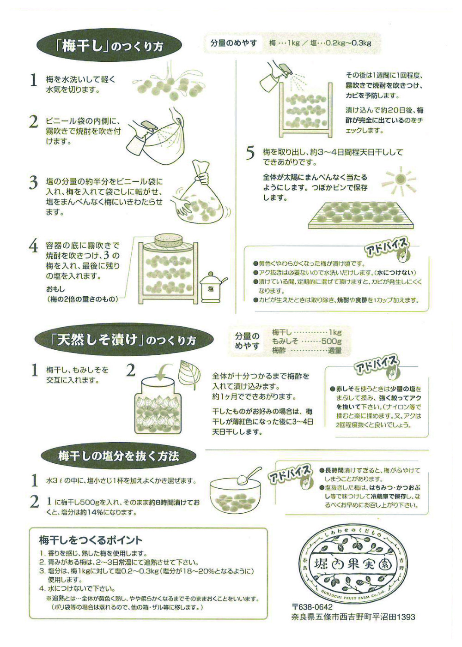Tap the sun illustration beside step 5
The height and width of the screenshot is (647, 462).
pos(398,180)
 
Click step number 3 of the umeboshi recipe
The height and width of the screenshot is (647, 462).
pos(34,183)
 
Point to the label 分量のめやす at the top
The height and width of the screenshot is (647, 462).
pos(234,43)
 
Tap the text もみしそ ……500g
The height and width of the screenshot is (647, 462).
pos(307,341)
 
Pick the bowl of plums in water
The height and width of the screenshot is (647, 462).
pos(235,495)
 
